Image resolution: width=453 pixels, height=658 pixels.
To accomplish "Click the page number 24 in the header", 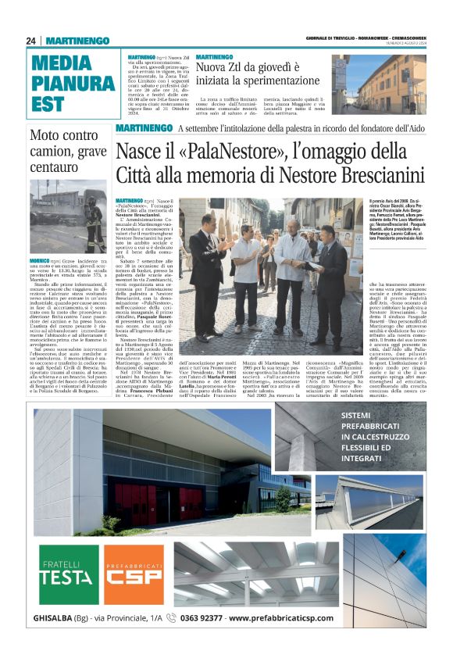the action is [x=30, y=41].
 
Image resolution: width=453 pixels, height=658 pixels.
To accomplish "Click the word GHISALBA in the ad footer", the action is [x=60, y=618].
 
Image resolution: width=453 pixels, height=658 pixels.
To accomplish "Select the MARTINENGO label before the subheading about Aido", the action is [x=144, y=128].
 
